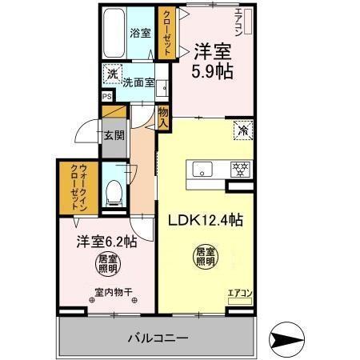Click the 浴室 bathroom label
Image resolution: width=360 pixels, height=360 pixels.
pyautogui.click(x=139, y=34)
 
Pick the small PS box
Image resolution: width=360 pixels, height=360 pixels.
pyautogui.click(x=106, y=98)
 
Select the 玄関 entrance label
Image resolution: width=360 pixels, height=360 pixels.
pyautogui.click(x=114, y=134)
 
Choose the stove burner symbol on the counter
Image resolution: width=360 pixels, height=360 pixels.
pyautogui.click(x=238, y=169)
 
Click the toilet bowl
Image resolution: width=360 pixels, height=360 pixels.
pyautogui.click(x=114, y=191)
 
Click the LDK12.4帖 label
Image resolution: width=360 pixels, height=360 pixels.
pyautogui.click(x=205, y=221)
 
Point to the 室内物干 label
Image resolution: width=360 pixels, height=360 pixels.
pyautogui.click(x=111, y=292)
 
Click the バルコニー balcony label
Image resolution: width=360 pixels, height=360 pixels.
pyautogui.click(x=156, y=338)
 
